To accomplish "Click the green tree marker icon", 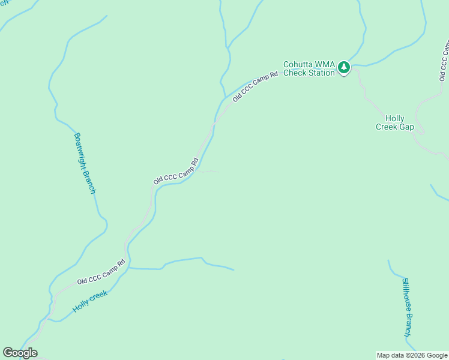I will [x=343, y=67].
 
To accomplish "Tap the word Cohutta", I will [x=297, y=64].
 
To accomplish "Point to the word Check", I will [x=295, y=73].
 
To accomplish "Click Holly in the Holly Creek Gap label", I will [x=395, y=119].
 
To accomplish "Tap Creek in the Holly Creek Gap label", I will [x=386, y=127].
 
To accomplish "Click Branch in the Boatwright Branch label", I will [x=90, y=182].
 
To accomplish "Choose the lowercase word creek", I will [x=99, y=295].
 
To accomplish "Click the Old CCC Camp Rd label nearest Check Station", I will [x=255, y=86].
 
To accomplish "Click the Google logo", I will [x=20, y=353].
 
